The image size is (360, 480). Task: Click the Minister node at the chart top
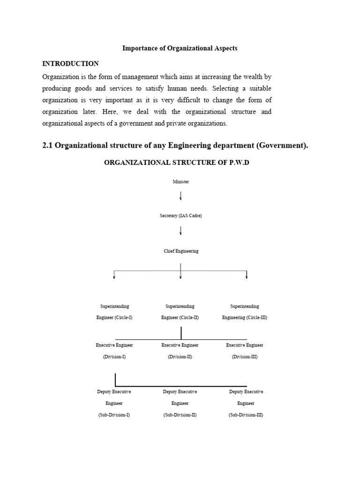tap(180, 181)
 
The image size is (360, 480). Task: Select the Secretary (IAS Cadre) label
tap(180, 216)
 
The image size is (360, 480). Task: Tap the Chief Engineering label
tap(180, 251)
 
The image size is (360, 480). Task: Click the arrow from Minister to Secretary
tap(180, 195)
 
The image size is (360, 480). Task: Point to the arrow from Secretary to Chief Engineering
tap(180, 231)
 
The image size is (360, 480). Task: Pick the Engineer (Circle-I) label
tap(114, 317)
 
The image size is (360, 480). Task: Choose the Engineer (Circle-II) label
tap(180, 317)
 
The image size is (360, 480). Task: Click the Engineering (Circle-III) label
tap(245, 317)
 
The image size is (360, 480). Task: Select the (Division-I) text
tap(114, 357)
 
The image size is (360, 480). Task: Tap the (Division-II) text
tap(180, 357)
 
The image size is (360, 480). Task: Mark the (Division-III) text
tap(245, 357)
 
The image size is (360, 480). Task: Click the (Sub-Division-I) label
tap(114, 415)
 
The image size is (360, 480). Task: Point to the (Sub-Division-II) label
tap(180, 415)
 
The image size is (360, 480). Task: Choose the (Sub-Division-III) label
tap(246, 415)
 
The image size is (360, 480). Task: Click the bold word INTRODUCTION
tap(70, 64)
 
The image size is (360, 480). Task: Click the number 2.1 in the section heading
tap(47, 145)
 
